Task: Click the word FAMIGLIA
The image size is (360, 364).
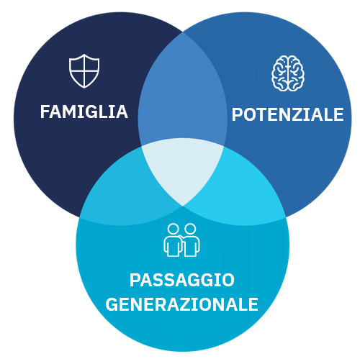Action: [84, 112]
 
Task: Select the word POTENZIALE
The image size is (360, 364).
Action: [287, 114]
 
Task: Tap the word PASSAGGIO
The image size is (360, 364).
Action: [182, 280]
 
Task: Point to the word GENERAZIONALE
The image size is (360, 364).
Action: [181, 304]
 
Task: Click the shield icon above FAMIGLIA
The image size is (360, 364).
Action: [84, 71]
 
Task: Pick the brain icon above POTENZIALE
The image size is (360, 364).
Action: [288, 73]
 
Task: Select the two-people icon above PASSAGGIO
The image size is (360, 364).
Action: [181, 240]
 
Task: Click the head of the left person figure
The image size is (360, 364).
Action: [173, 229]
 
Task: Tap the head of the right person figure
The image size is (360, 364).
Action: [190, 229]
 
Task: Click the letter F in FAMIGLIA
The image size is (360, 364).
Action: [45, 112]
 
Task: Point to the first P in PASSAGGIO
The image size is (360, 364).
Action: [135, 280]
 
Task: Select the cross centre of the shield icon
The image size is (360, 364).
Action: [84, 71]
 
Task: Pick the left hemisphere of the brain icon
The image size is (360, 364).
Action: [279, 73]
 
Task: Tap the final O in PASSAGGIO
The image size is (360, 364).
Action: [228, 280]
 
